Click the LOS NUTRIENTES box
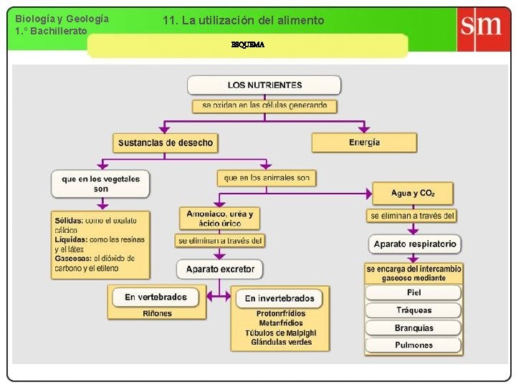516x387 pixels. click(x=264, y=85)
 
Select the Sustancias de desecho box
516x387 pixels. click(x=166, y=143)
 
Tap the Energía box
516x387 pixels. click(x=364, y=143)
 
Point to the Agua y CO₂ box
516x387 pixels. click(x=413, y=193)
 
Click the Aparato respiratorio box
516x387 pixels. click(x=414, y=244)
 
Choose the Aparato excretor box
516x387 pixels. click(x=220, y=269)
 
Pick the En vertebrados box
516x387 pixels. click(x=156, y=297)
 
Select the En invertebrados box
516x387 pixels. click(x=279, y=298)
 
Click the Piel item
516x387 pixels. click(x=414, y=292)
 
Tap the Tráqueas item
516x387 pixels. click(x=414, y=310)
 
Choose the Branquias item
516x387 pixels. click(x=414, y=328)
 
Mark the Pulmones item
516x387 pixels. click(x=414, y=345)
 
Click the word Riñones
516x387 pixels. click(x=157, y=313)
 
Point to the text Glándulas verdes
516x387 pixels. click(x=281, y=343)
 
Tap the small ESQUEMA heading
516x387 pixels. click(x=247, y=44)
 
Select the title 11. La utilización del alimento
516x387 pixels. click(x=243, y=21)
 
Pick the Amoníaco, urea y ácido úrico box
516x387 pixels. click(x=219, y=219)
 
